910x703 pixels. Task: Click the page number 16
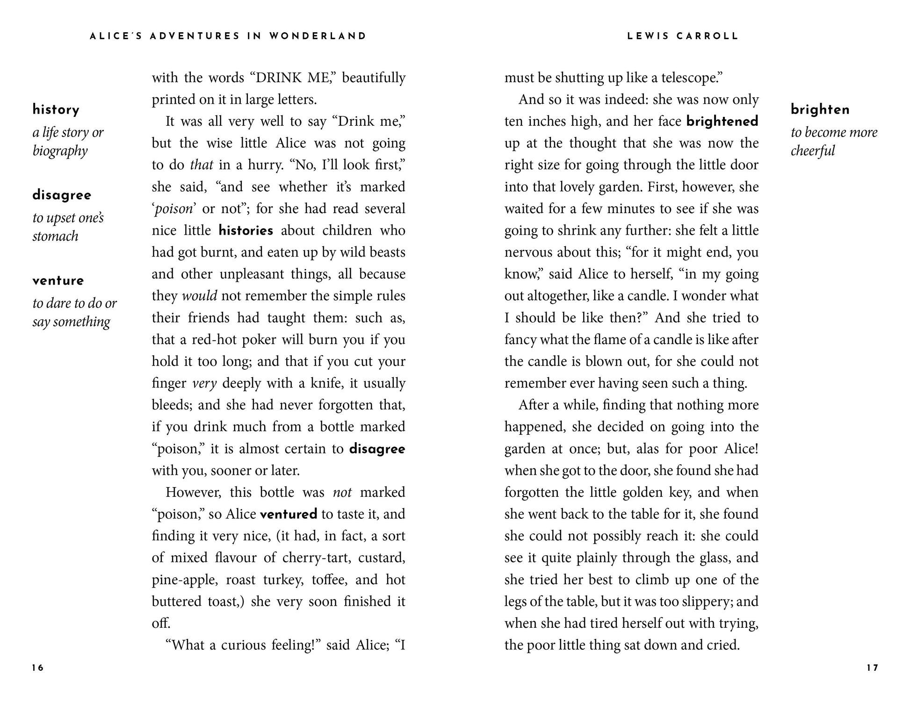coord(38,668)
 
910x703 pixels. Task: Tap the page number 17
coord(872,668)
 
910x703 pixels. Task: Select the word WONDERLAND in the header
coord(318,36)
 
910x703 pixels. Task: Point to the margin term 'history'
coord(56,110)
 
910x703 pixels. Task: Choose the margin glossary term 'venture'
coord(58,280)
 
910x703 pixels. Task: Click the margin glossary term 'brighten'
coord(820,110)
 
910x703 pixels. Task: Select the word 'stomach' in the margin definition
coord(55,236)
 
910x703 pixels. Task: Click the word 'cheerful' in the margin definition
coord(813,151)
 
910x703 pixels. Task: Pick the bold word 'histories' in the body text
coord(246,230)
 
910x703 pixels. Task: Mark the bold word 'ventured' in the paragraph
coord(289,514)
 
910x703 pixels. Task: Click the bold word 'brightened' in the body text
coord(722,122)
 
